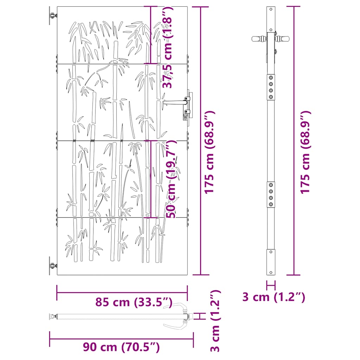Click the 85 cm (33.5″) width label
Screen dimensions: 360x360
point(134,302)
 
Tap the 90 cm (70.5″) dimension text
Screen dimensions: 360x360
point(121,347)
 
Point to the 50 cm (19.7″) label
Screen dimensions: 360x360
point(171,179)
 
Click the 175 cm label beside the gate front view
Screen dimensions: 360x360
point(210,153)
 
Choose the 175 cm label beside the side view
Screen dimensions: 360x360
point(306,153)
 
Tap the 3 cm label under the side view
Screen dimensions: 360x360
point(274,297)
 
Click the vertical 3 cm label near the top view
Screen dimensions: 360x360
point(216,321)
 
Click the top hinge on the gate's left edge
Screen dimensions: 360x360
point(53,16)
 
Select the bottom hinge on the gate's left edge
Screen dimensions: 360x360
point(53,266)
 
